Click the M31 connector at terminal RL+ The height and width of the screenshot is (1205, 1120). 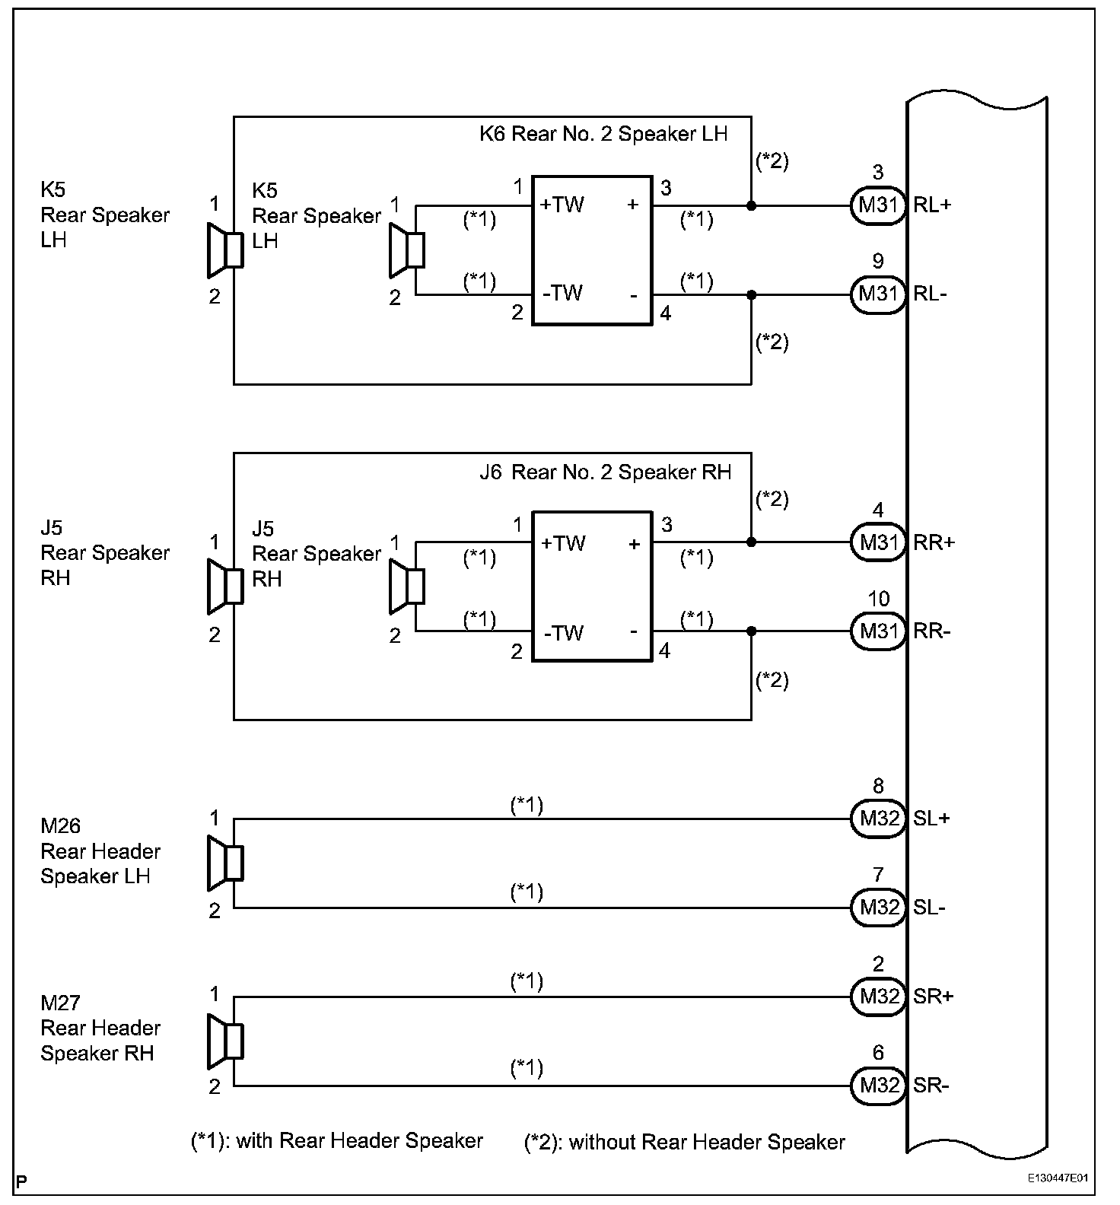pos(878,205)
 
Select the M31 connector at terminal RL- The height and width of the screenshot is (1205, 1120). pos(878,294)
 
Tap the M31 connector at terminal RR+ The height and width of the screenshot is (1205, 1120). pos(878,542)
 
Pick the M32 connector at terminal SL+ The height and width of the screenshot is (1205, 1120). pos(878,819)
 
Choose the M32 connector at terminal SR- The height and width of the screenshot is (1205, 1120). pos(878,1085)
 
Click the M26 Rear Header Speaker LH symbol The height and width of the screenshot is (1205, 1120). pos(225,863)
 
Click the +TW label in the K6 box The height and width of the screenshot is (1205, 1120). pos(562,205)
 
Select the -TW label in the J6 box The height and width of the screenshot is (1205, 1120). pos(563,633)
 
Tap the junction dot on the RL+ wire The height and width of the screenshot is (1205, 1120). pos(752,205)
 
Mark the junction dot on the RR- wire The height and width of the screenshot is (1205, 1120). pos(752,631)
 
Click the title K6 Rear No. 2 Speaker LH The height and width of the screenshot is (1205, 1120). pos(603,134)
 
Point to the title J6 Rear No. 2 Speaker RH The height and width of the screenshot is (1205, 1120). pos(605,472)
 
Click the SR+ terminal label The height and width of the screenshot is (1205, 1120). pos(933,997)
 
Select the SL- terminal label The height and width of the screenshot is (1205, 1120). pos(930,908)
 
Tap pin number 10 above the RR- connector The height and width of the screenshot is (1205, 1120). pos(879,599)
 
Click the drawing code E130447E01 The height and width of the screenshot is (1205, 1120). pos(1058,1178)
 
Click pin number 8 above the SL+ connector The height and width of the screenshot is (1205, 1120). pos(878,787)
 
